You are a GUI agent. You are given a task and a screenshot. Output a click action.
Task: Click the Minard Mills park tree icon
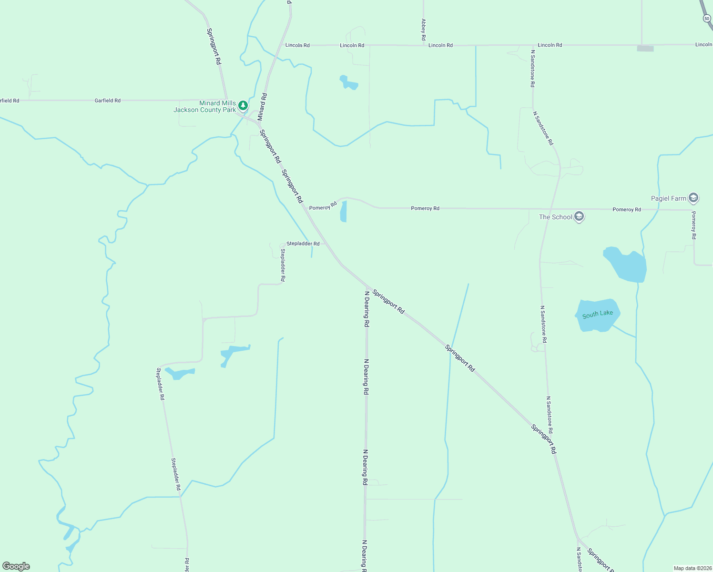[243, 105]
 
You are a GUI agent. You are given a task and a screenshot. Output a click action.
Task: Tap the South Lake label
[598, 314]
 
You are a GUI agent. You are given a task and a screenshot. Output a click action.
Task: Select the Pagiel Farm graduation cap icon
[693, 198]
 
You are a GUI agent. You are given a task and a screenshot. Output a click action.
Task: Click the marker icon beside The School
[579, 217]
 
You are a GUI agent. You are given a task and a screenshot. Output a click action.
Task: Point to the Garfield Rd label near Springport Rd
[107, 101]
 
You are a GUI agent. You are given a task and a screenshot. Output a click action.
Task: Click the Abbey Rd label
[423, 29]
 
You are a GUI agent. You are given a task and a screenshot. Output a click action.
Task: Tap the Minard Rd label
[262, 107]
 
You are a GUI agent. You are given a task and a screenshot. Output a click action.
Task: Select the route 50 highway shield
[707, 18]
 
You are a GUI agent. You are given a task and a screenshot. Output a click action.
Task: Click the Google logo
[16, 566]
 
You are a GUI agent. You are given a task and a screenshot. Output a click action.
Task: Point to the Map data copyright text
[692, 568]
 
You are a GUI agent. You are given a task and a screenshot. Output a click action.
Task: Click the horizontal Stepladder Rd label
[303, 244]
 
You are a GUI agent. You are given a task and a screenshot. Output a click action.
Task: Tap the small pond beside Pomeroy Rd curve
[343, 211]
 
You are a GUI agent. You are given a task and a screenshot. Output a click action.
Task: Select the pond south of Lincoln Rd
[348, 83]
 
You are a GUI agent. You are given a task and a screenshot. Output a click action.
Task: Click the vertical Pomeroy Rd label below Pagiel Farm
[694, 225]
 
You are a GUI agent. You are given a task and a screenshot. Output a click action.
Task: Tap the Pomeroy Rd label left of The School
[425, 208]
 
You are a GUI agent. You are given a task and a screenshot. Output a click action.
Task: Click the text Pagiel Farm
[669, 198]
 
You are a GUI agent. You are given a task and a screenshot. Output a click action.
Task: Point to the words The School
[555, 217]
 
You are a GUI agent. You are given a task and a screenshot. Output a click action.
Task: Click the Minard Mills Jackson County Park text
[205, 106]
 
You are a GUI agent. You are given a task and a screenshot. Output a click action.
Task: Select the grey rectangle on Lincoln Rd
[645, 48]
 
